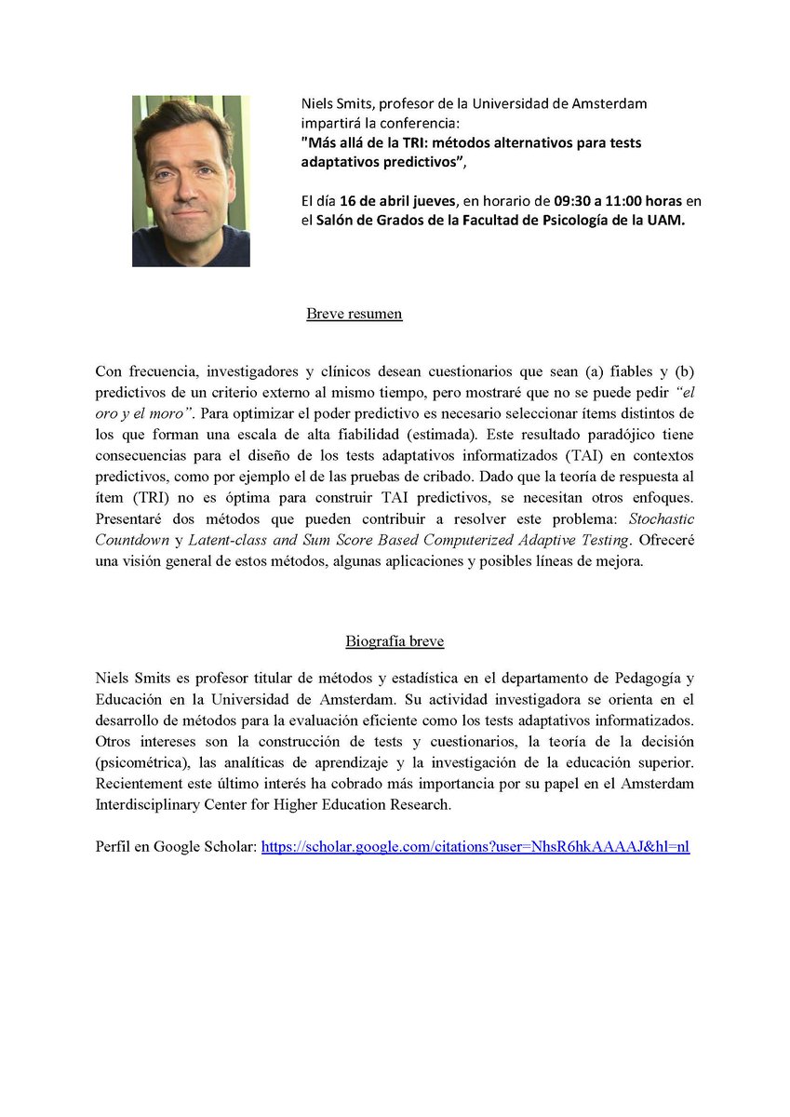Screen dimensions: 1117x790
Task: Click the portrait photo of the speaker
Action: pyautogui.click(x=191, y=181)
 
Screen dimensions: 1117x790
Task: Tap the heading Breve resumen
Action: pyautogui.click(x=355, y=314)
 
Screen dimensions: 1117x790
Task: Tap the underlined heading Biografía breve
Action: pyautogui.click(x=395, y=641)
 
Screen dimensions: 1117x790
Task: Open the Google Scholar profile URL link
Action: pyautogui.click(x=475, y=847)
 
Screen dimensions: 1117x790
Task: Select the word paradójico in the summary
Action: pyautogui.click(x=591, y=434)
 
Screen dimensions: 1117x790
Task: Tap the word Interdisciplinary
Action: pyautogui.click(x=151, y=805)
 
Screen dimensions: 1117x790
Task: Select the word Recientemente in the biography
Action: pyautogui.click(x=141, y=784)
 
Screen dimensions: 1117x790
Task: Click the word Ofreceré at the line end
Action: pyautogui.click(x=665, y=541)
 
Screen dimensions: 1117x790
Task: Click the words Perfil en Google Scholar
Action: pyautogui.click(x=174, y=847)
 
